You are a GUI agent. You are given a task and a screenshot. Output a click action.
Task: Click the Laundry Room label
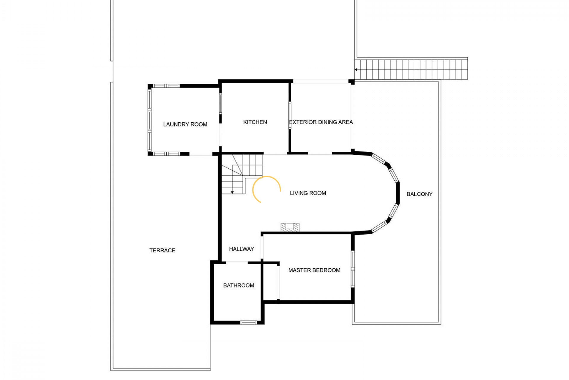coord(185,124)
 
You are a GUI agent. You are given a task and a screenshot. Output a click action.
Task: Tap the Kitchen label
coord(255,122)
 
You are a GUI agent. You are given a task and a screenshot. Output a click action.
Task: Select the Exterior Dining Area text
coord(321,122)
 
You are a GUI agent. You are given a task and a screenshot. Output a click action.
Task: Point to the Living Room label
coord(308,193)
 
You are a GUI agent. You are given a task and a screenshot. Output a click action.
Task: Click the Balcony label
coord(419,194)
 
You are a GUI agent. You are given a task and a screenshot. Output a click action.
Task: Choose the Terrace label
coord(162,251)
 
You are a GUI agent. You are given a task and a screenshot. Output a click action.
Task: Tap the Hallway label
coord(242,249)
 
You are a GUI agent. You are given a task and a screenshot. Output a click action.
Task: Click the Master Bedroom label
coord(314,270)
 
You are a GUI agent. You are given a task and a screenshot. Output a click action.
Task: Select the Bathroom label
coord(239,286)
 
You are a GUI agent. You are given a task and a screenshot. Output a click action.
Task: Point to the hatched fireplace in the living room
coord(290,227)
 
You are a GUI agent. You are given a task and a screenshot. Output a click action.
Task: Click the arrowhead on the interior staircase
coord(232,192)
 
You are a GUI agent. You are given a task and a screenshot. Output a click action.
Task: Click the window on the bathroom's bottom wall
coord(248,322)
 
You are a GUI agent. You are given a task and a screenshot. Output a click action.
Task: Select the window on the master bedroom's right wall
coord(353,269)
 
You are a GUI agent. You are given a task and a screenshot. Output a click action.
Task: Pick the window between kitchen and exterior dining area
coord(290,115)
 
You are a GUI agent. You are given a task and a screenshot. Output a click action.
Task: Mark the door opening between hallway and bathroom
coord(237,262)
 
